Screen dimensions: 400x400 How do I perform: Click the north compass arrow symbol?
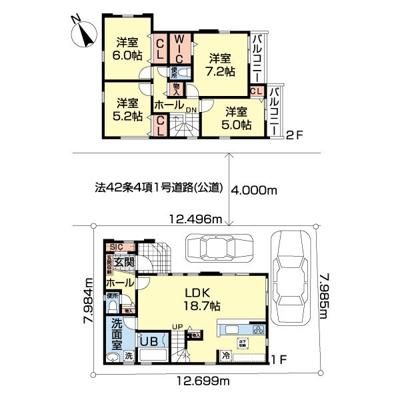[83, 32]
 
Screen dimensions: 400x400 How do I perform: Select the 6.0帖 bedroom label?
[127, 48]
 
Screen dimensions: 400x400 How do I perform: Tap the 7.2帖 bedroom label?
[219, 64]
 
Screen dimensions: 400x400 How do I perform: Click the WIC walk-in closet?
[179, 49]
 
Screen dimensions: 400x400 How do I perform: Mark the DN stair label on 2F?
[191, 110]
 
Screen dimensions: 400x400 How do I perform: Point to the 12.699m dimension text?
[204, 381]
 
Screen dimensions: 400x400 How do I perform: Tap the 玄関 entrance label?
[124, 263]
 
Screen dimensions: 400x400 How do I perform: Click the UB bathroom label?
[148, 341]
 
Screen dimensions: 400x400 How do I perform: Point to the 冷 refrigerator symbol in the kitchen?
[225, 355]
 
